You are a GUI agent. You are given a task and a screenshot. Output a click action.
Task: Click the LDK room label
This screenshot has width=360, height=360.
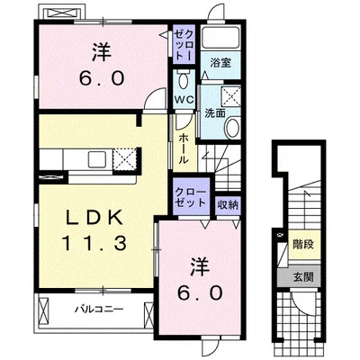pyautogui.click(x=94, y=218)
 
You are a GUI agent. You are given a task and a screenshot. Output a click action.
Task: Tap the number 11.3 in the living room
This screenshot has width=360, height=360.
pyautogui.click(x=94, y=243)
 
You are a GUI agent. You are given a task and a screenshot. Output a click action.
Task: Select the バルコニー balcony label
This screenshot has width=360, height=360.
pyautogui.click(x=99, y=309)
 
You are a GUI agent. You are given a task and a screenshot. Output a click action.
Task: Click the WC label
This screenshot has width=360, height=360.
pyautogui.click(x=184, y=100)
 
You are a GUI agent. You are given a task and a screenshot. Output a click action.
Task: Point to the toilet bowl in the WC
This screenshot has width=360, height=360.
pyautogui.click(x=184, y=80)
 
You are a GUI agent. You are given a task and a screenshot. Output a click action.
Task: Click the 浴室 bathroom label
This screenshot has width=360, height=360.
pyautogui.click(x=220, y=63)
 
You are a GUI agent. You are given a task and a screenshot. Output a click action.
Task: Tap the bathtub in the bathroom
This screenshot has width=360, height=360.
pyautogui.click(x=220, y=38)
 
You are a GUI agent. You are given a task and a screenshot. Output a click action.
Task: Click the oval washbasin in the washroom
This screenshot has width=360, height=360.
pyautogui.click(x=233, y=128)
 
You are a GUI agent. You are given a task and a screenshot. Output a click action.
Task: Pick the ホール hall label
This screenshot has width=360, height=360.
pyautogui.click(x=184, y=148)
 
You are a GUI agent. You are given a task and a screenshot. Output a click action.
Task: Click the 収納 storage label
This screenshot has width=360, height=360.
pyautogui.click(x=228, y=205)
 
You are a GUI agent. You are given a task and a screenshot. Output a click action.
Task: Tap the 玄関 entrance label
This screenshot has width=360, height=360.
pyautogui.click(x=303, y=277)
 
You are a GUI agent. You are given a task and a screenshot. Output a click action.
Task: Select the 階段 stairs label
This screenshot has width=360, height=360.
pyautogui.click(x=303, y=245)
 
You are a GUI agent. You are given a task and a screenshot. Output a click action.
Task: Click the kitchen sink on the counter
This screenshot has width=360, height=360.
pyautogui.click(x=97, y=159)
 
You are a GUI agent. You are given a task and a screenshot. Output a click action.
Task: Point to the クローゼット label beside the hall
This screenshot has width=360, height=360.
pyautogui.click(x=191, y=197)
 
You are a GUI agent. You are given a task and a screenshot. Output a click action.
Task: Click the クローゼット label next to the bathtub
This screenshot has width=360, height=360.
pyautogui.click(x=184, y=46)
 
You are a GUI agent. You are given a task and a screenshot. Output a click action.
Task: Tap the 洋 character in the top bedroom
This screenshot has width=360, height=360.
pyautogui.click(x=102, y=52)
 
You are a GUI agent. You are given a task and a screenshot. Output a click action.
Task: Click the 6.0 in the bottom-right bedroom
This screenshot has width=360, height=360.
pyautogui.click(x=200, y=292)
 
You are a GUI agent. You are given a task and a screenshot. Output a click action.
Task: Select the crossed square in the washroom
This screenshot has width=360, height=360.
pyautogui.click(x=230, y=96)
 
